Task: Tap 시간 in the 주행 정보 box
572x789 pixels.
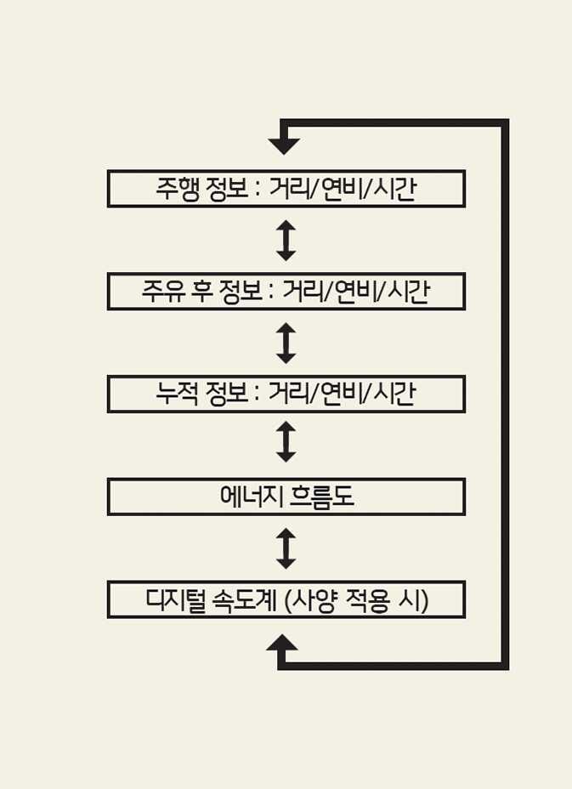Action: coord(394,189)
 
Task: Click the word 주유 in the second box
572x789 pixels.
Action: coord(161,292)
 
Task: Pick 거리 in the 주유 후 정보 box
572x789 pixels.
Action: coord(301,292)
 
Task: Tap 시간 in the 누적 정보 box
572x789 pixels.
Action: coord(394,394)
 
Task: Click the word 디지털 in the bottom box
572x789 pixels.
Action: coord(177,600)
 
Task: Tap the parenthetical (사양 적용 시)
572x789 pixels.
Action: coord(357,600)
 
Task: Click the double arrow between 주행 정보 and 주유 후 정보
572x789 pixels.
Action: coord(286,241)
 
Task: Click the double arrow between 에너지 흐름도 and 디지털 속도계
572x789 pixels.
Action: coord(286,548)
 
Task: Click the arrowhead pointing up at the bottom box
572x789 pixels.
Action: coord(282,644)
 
